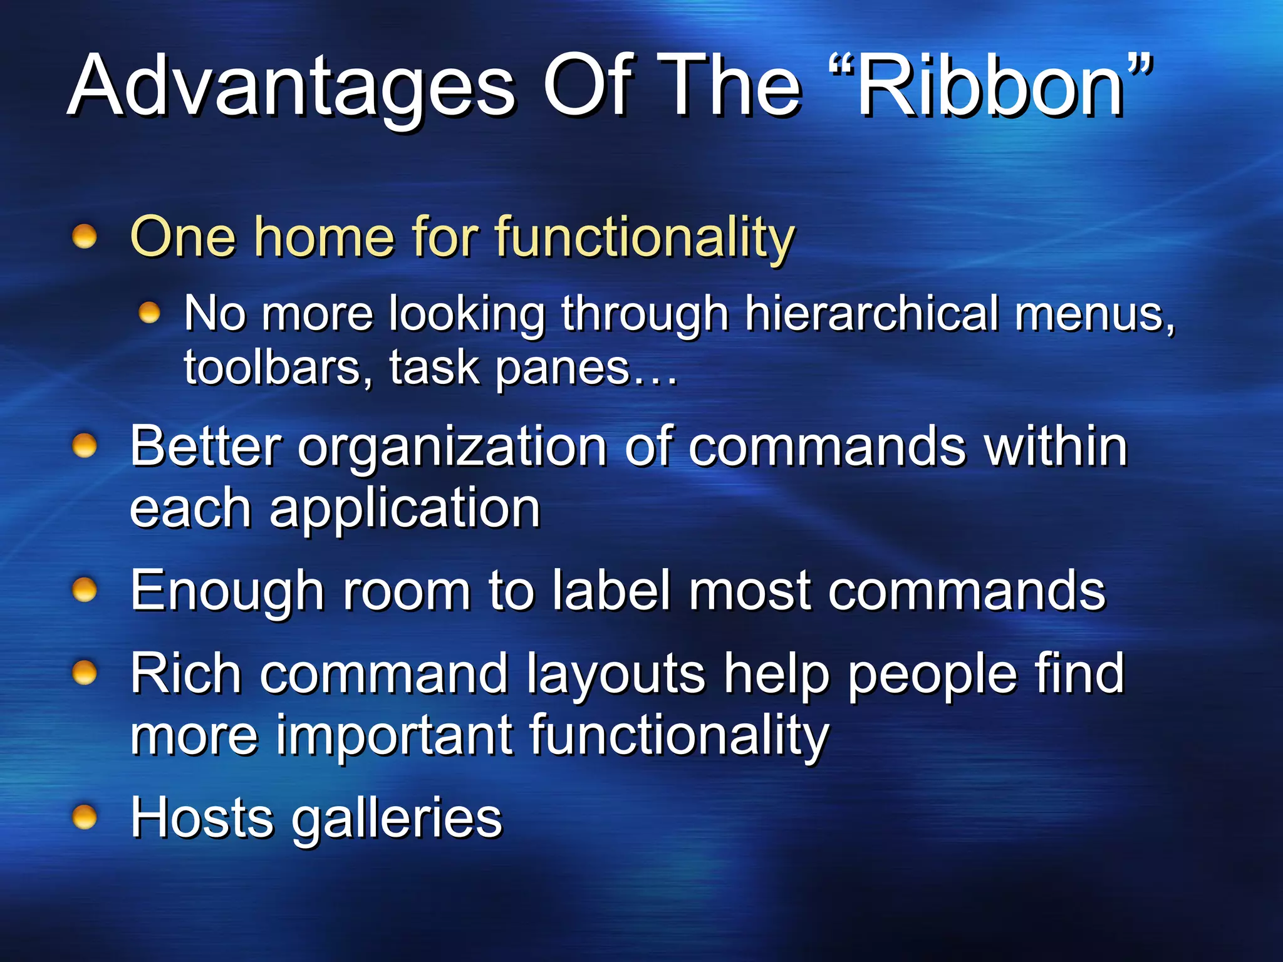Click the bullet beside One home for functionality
[x=85, y=237]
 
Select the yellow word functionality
[x=645, y=238]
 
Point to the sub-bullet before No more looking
[x=149, y=312]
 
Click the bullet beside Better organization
[x=85, y=446]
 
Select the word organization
[x=452, y=448]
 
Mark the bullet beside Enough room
[x=85, y=590]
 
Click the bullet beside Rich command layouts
[x=85, y=673]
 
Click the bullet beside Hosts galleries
[x=85, y=817]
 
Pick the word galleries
[x=397, y=819]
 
